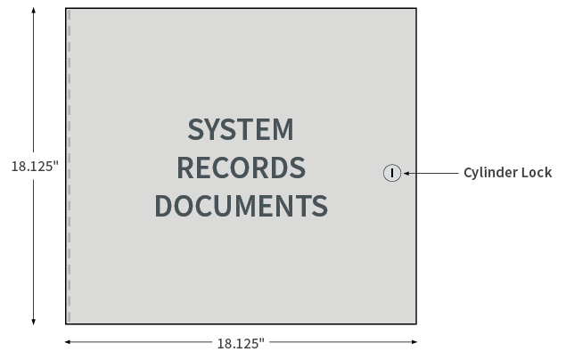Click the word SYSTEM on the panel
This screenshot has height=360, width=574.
click(x=241, y=129)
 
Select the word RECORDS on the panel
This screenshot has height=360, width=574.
click(x=242, y=168)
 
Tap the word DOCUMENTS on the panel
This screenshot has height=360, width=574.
click(x=242, y=206)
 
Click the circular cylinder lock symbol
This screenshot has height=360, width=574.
click(x=392, y=173)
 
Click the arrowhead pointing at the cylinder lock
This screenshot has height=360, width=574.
click(x=406, y=173)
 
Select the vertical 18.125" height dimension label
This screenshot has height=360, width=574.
click(x=35, y=166)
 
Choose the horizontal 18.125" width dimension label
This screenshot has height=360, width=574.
click(x=241, y=344)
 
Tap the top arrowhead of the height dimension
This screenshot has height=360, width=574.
click(x=34, y=10)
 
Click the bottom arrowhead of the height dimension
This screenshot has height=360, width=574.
click(x=34, y=321)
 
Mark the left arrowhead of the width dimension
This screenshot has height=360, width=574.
click(x=68, y=342)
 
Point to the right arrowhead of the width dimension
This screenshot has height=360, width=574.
click(x=414, y=342)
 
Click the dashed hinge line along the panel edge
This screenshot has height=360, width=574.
click(x=70, y=166)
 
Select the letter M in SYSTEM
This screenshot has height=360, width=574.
click(x=283, y=129)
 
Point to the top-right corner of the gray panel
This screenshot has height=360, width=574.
click(x=416, y=8)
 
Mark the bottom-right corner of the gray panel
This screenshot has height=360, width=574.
click(x=416, y=323)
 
